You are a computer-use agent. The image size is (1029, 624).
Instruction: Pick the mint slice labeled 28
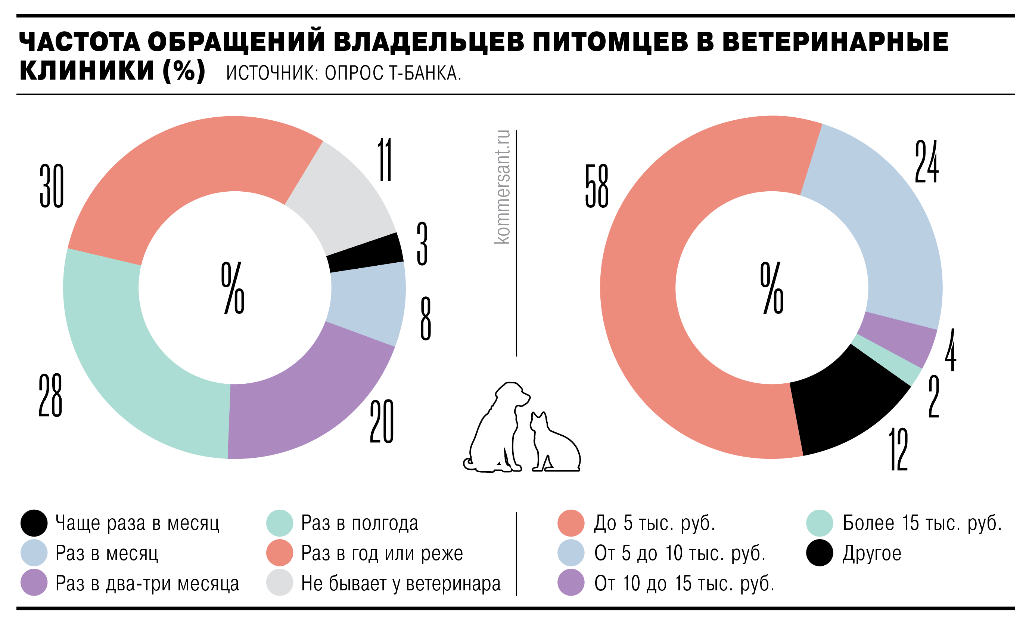[x=138, y=368]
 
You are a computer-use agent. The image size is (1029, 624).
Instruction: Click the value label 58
[x=597, y=186]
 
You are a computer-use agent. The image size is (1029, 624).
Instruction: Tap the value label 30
[x=52, y=186]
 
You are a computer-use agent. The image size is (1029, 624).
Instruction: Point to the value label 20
[x=381, y=421]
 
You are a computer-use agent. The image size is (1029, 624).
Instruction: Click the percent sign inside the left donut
[x=233, y=288]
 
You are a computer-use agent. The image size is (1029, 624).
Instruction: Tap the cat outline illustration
[x=553, y=445]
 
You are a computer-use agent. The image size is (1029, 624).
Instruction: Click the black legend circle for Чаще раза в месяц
[x=34, y=523]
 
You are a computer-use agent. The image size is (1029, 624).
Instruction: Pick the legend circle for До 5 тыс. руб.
[x=571, y=523]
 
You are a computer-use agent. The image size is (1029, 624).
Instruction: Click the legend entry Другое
[x=871, y=553]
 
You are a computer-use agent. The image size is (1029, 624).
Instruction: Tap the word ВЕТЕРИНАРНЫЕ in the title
[x=835, y=42]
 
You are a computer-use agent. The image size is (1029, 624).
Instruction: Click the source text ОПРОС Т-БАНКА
[x=392, y=73]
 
